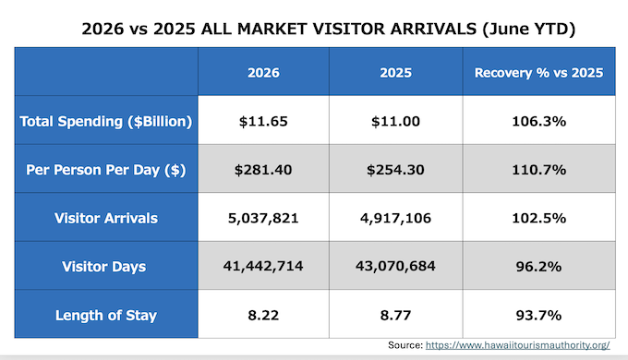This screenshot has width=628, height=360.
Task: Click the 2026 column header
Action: pyautogui.click(x=263, y=73)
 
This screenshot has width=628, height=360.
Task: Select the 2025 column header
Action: pyautogui.click(x=395, y=73)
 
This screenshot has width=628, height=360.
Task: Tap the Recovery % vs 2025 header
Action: pyautogui.click(x=538, y=73)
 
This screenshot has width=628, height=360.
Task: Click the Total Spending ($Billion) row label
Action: pyautogui.click(x=106, y=121)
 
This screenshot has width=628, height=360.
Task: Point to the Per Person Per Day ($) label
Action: pyautogui.click(x=106, y=170)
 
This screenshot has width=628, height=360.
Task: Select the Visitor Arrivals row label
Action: pyautogui.click(x=106, y=218)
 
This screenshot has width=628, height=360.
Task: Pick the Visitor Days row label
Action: pyautogui.click(x=104, y=267)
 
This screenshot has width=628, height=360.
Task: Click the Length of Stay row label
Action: pyautogui.click(x=106, y=315)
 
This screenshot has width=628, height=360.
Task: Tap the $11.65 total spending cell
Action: pyautogui.click(x=263, y=121)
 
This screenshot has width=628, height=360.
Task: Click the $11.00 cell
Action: pyautogui.click(x=395, y=121)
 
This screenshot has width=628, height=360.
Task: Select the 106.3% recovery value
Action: pyautogui.click(x=539, y=121)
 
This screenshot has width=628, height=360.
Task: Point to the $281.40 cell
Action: pyautogui.click(x=263, y=170)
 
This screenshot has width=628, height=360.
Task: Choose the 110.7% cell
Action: pyautogui.click(x=539, y=170)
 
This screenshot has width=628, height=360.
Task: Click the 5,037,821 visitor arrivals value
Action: pyautogui.click(x=263, y=218)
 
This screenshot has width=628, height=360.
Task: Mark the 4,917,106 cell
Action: pyautogui.click(x=395, y=218)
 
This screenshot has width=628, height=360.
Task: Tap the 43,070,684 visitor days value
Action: pyautogui.click(x=395, y=266)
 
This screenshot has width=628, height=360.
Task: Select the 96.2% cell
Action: pyautogui.click(x=538, y=267)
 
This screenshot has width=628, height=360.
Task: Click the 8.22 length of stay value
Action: pyautogui.click(x=263, y=315)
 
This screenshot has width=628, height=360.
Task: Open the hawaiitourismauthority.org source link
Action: pyautogui.click(x=517, y=345)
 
